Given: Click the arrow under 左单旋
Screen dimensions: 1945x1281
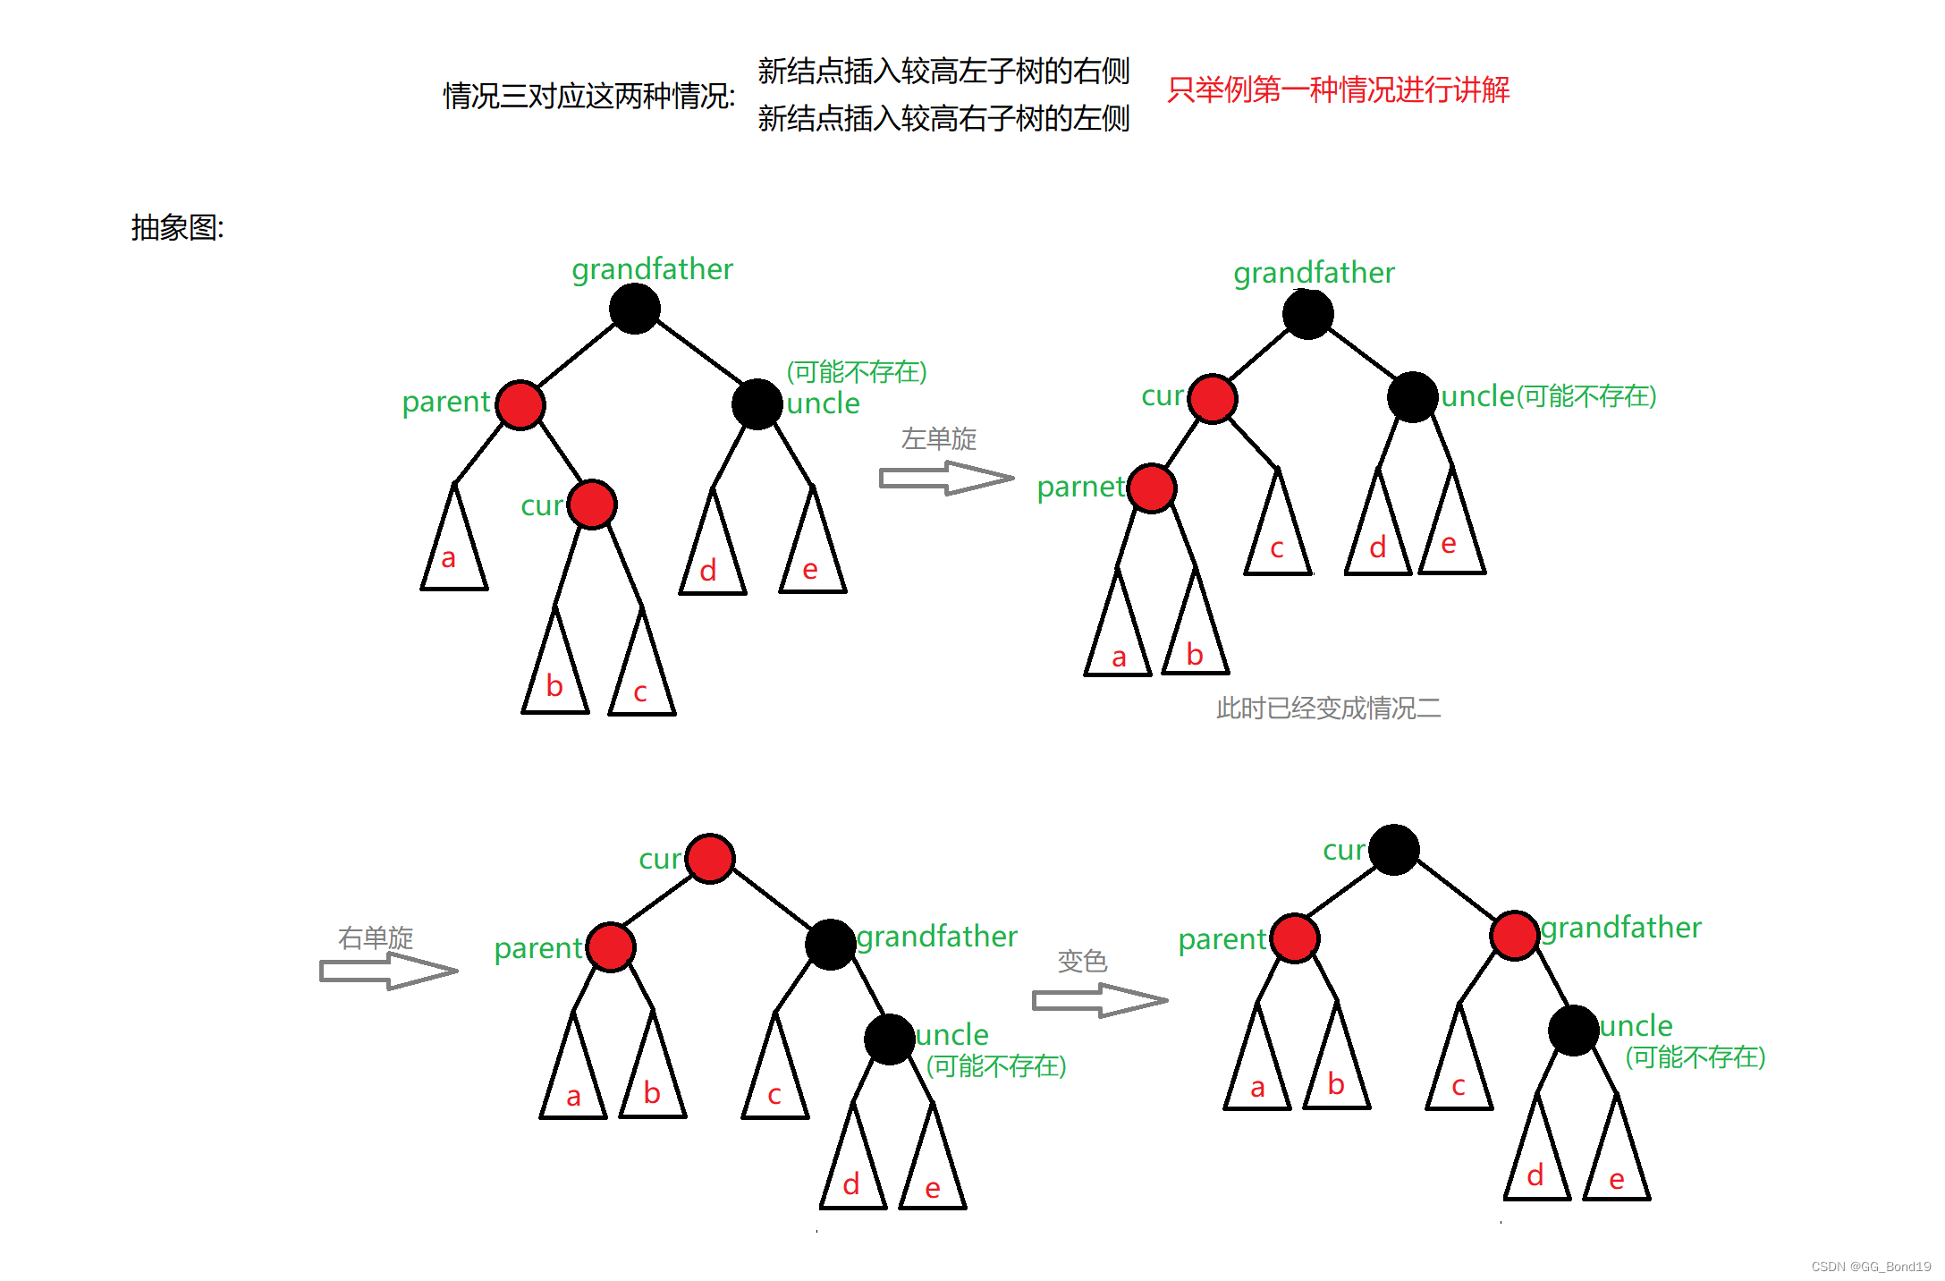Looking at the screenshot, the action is (946, 478).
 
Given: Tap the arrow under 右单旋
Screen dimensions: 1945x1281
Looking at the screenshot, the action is (388, 971).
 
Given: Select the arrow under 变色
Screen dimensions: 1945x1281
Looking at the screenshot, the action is (1099, 1000).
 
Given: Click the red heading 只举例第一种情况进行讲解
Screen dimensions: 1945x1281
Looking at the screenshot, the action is (1338, 90).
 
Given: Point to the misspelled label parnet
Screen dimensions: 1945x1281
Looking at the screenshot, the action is (1080, 488).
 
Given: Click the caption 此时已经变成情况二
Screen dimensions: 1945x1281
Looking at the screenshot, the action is (1328, 708).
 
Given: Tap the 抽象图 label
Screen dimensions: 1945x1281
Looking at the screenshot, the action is (177, 228).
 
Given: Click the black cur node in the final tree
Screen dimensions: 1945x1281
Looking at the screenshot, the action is (1393, 850).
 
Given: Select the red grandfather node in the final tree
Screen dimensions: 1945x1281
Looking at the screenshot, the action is (1514, 935).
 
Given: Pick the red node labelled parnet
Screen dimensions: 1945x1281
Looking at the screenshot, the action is (1152, 488).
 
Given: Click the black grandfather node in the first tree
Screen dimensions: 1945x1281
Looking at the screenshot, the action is (635, 309).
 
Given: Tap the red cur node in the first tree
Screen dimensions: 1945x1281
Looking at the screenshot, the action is (592, 505).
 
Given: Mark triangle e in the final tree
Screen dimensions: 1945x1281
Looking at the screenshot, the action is (1617, 1163).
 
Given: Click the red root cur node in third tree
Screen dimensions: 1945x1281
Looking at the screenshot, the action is (711, 859).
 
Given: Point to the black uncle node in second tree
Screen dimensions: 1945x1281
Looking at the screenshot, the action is (1412, 397).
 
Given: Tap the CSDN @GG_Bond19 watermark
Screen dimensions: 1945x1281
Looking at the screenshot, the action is (1871, 1267).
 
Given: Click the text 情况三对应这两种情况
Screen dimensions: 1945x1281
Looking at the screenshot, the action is (588, 97).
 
